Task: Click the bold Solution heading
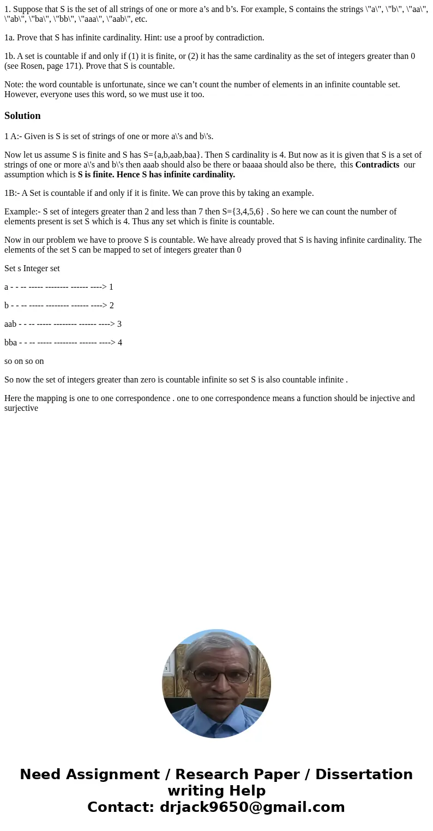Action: (22, 116)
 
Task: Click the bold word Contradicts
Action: (377, 165)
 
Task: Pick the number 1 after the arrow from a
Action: (111, 287)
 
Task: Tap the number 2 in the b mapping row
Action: (112, 306)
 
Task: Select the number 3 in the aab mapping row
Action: (119, 324)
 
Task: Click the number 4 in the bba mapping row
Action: (120, 343)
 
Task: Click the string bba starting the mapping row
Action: (10, 343)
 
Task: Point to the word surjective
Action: (21, 408)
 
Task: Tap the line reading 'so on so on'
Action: (24, 361)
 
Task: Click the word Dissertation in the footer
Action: (364, 774)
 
